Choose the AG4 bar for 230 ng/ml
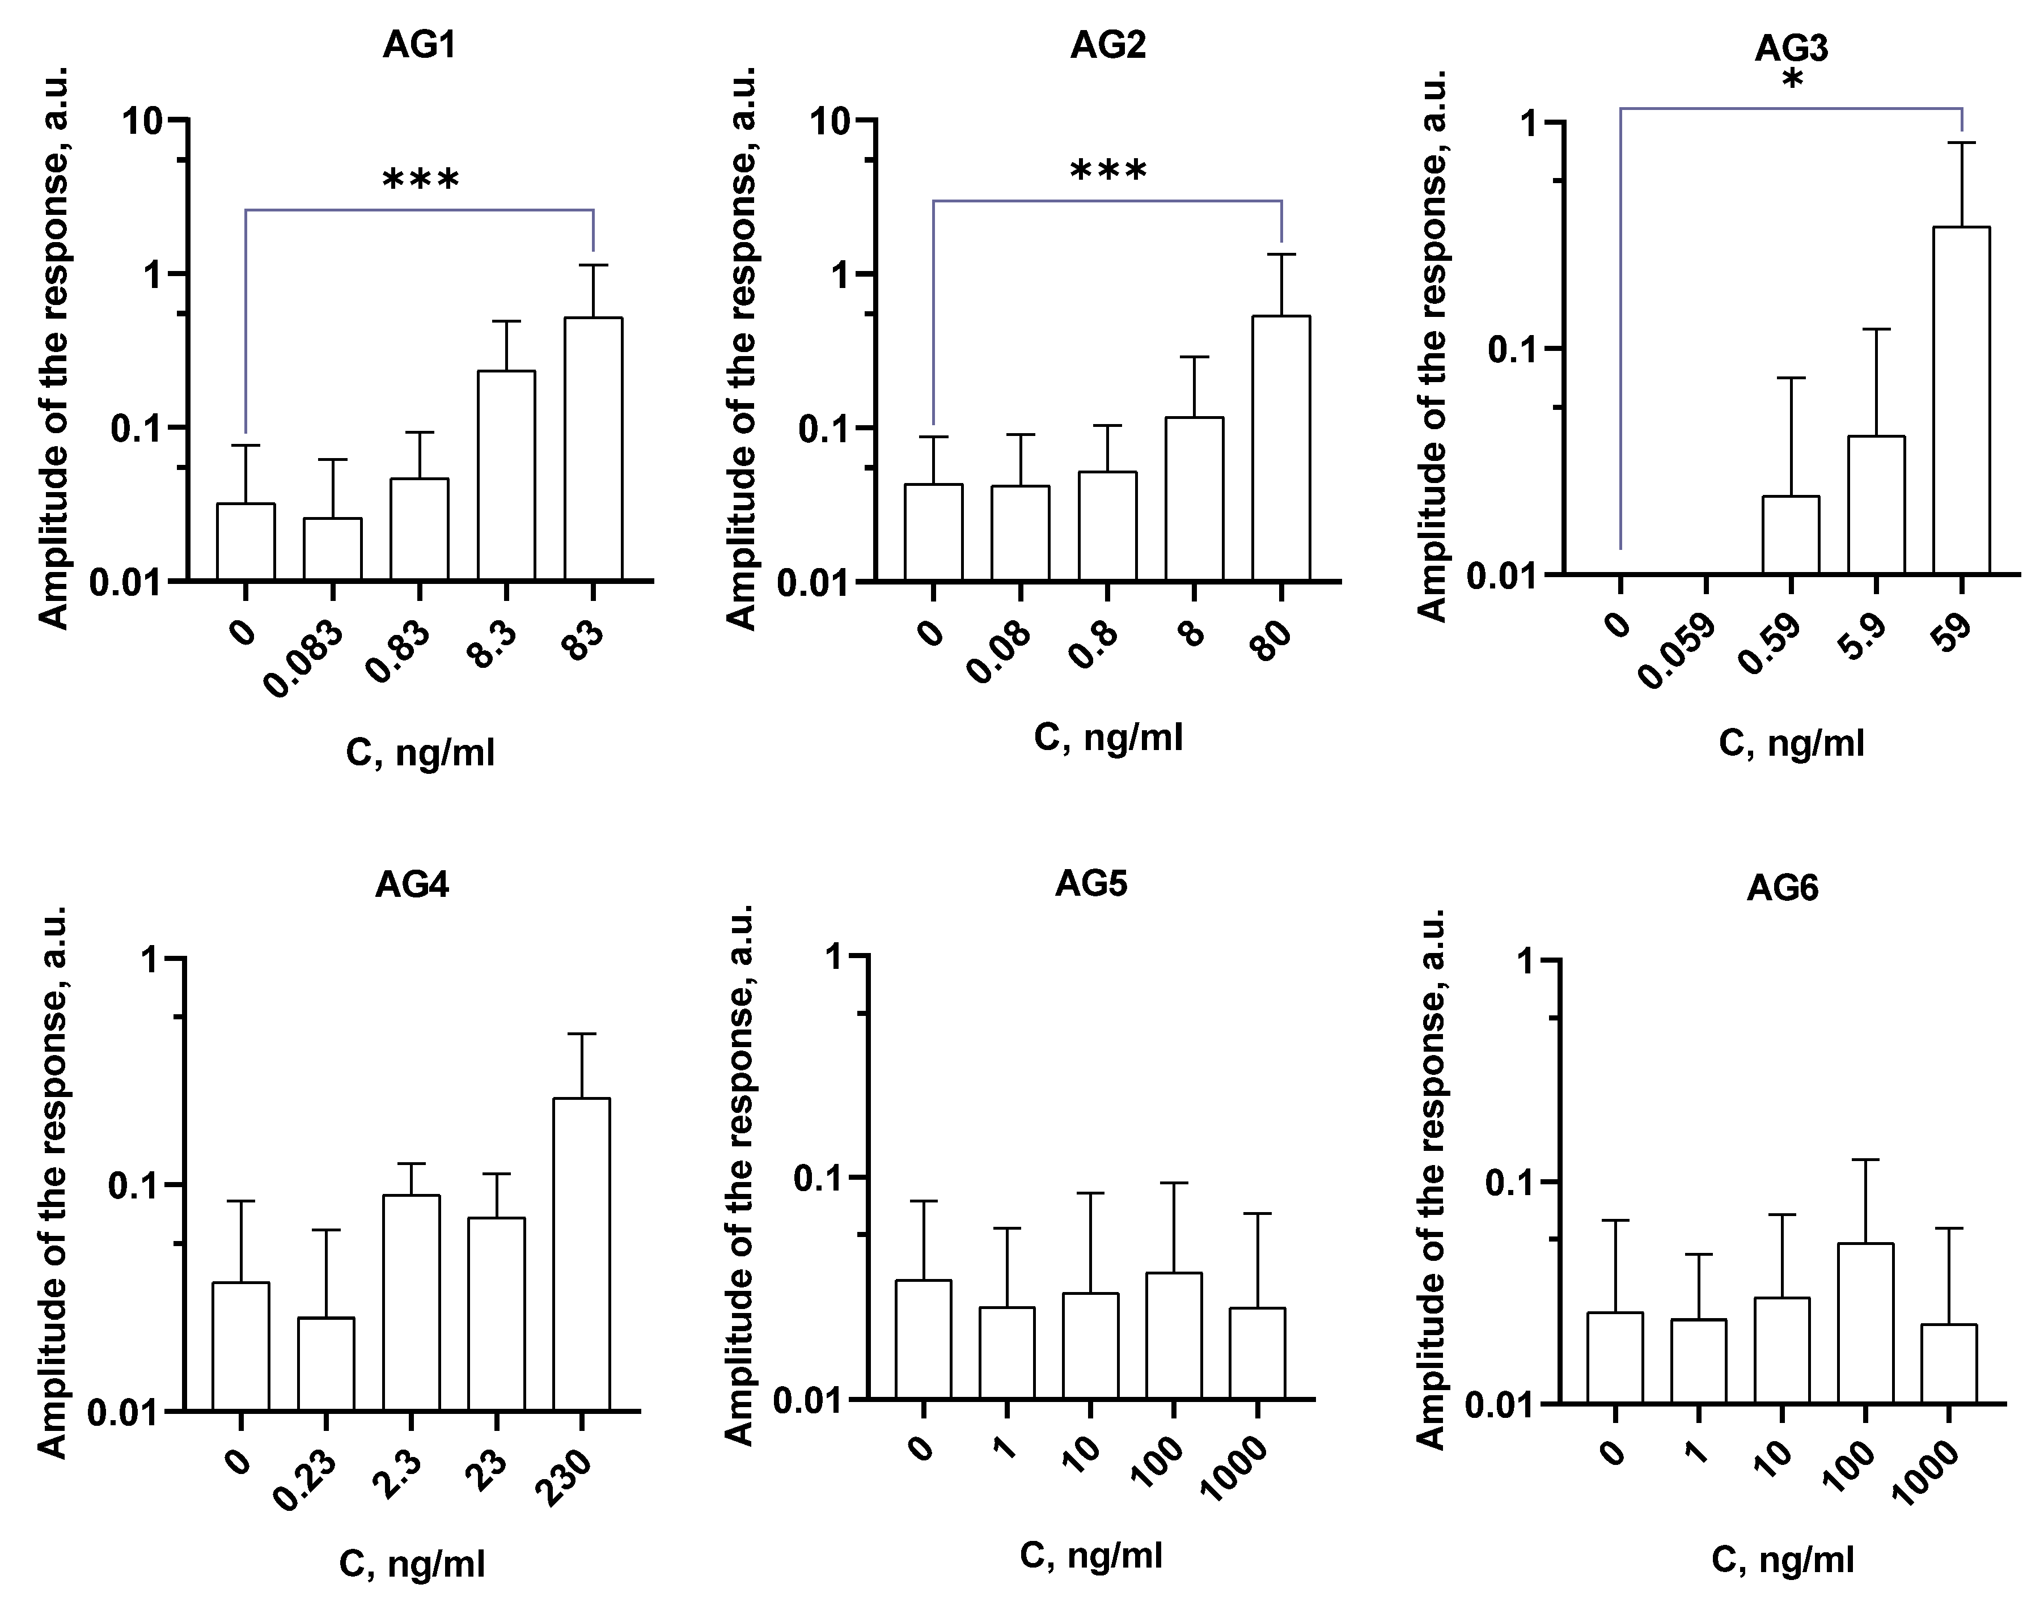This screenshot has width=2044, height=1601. (581, 1253)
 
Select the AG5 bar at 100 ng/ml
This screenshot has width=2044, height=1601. (1174, 1336)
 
